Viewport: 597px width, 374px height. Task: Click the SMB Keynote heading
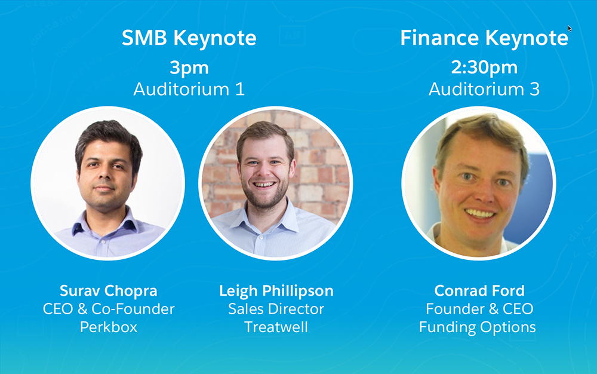[189, 38]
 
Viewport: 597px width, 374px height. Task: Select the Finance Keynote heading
[484, 38]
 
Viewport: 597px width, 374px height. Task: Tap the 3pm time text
[189, 68]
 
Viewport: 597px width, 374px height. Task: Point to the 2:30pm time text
[484, 68]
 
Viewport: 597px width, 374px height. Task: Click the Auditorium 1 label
[189, 89]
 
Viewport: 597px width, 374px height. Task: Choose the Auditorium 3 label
[484, 89]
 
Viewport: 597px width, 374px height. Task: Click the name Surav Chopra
[109, 291]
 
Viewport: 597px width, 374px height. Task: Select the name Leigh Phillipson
[276, 291]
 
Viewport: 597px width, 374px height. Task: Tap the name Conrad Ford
[479, 290]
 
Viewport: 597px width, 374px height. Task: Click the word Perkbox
[109, 327]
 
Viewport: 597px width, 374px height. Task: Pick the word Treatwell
[276, 327]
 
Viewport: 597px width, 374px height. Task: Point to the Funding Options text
[478, 327]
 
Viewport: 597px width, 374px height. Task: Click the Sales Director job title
[276, 309]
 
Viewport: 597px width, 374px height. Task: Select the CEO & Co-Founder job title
[109, 309]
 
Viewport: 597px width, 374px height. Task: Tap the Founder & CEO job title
[479, 309]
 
